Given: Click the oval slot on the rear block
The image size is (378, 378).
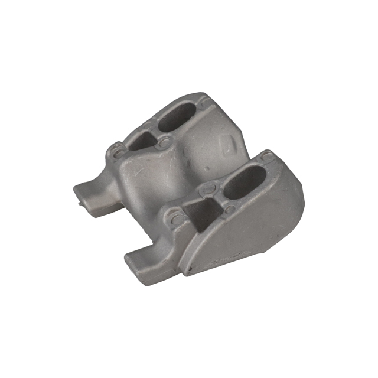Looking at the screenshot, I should [177, 116].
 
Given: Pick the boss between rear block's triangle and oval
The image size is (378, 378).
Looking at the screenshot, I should [164, 142].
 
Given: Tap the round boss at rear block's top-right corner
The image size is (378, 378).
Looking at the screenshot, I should [204, 103].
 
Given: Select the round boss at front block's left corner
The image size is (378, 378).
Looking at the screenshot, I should [177, 220].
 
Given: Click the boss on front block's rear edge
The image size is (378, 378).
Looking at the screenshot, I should [207, 189].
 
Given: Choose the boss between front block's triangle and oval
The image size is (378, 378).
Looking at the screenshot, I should [229, 208].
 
